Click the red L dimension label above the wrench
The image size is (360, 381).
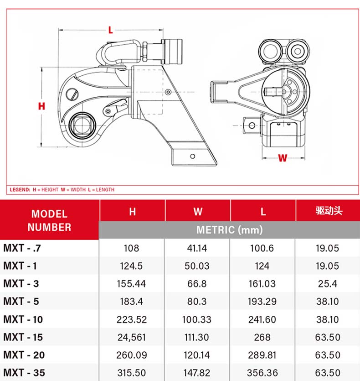pos(110,30)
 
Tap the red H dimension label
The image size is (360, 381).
pos(41,106)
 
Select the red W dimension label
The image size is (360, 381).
pos(283,158)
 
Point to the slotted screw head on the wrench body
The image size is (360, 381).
pos(72,94)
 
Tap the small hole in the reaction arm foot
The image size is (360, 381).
pos(192,156)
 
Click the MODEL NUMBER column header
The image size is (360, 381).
pos(49,220)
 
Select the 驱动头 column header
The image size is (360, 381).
pos(329,211)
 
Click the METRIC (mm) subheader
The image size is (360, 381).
pos(229,230)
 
